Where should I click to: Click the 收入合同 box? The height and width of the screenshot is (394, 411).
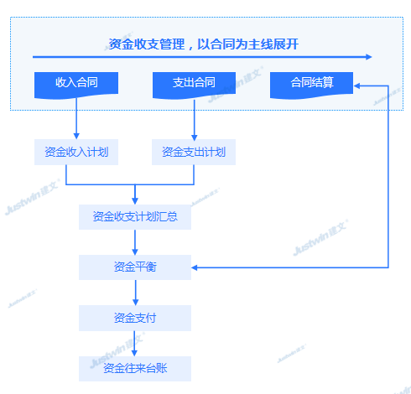pos(76,85)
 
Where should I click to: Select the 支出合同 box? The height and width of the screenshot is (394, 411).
pos(194,85)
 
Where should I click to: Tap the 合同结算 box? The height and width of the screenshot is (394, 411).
pos(311,85)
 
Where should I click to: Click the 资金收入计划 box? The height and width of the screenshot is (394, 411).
pos(76,152)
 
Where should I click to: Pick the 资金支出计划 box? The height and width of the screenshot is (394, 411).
pos(194,152)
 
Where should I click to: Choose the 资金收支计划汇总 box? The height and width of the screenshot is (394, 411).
pos(135,217)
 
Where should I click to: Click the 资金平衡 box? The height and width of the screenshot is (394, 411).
pos(135,267)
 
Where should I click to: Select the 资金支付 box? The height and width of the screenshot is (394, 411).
pos(135,318)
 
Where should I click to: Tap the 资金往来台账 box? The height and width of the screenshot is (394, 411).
pos(135,369)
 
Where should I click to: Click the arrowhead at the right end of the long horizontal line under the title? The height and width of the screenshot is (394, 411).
pos(369,57)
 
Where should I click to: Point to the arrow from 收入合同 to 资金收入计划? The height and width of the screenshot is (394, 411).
pos(76,118)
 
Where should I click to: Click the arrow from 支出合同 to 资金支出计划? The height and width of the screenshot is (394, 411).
pos(195,120)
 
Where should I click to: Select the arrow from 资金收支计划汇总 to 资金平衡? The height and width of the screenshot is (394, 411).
pos(135,242)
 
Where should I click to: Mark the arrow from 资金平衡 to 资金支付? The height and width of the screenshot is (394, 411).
pos(136,293)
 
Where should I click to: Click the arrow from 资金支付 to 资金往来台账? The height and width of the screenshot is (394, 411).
pos(134,344)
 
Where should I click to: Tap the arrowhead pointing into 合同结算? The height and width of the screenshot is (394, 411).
pos(356,86)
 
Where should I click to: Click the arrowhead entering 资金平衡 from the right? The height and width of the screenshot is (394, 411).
pos(195,267)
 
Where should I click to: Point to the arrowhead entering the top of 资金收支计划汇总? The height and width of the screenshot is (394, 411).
pos(135,201)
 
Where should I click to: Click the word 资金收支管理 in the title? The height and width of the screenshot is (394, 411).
pos(147,44)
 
